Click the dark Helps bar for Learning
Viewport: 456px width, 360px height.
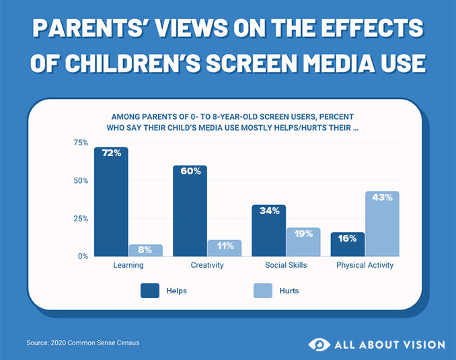pyautogui.click(x=111, y=202)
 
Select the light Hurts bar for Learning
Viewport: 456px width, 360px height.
pyautogui.click(x=146, y=250)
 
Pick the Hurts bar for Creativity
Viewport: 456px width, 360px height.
pyautogui.click(x=225, y=248)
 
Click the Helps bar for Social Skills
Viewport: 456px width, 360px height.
pyautogui.click(x=268, y=231)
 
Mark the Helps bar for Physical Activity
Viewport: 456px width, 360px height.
pyautogui.click(x=347, y=244)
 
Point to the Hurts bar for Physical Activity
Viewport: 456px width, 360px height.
pyautogui.click(x=382, y=224)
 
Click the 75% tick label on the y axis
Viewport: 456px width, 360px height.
pyautogui.click(x=81, y=143)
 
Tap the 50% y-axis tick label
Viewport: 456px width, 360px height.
pyautogui.click(x=81, y=180)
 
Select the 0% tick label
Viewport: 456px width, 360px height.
pyautogui.click(x=83, y=256)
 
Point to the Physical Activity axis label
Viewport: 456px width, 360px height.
pyautogui.click(x=365, y=265)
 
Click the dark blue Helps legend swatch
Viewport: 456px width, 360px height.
pyautogui.click(x=149, y=291)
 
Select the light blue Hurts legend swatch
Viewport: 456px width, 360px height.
pyautogui.click(x=262, y=291)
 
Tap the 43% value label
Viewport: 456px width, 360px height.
pyautogui.click(x=382, y=197)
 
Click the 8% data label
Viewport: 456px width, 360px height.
pyautogui.click(x=146, y=250)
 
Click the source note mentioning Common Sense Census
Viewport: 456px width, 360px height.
pyautogui.click(x=83, y=343)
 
